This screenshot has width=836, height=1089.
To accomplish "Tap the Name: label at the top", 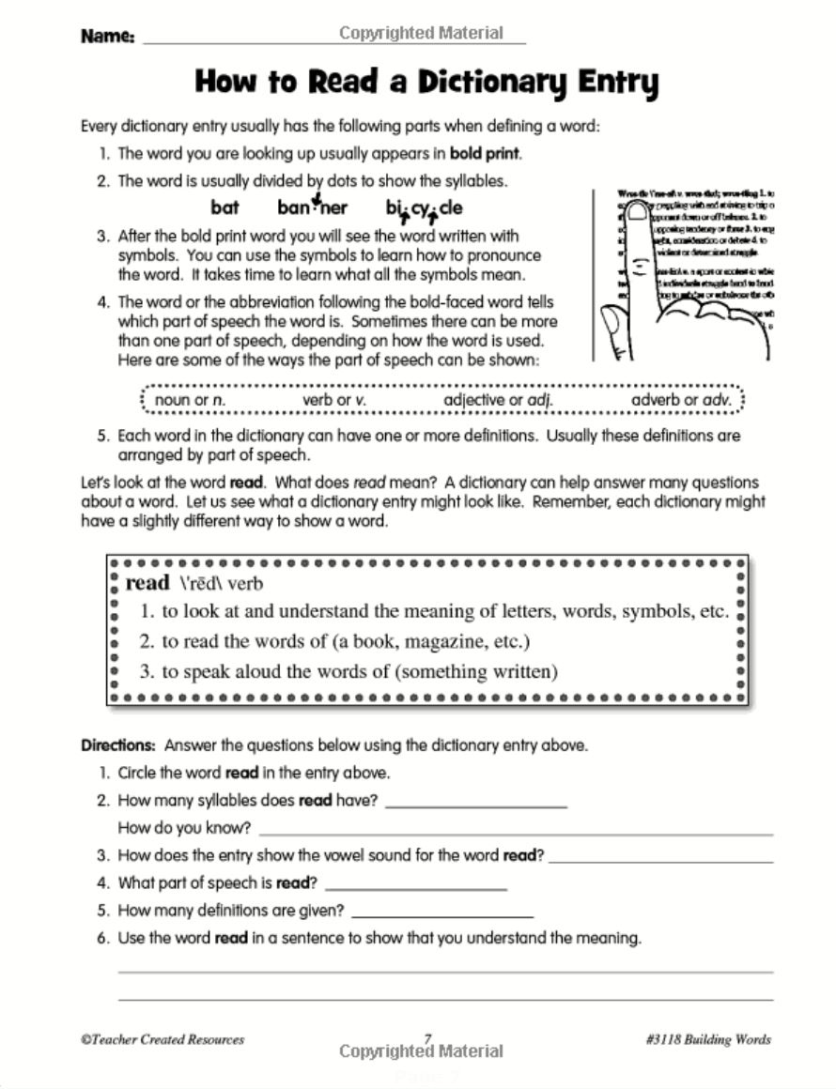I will (x=108, y=37).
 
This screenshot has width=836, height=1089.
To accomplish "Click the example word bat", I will (x=224, y=208).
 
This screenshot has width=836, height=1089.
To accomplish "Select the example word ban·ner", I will (x=312, y=208).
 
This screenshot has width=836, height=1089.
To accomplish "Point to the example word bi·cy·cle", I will (x=424, y=208).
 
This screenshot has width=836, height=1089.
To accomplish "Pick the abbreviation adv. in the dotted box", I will (x=715, y=400).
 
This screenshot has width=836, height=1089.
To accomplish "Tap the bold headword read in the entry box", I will (x=147, y=583).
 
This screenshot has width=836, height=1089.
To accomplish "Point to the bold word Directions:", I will (x=118, y=746).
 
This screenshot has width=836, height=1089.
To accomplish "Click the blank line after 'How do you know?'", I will (x=515, y=830).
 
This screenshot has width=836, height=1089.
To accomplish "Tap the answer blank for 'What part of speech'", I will (x=414, y=884).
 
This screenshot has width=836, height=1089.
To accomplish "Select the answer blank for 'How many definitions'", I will (x=441, y=912).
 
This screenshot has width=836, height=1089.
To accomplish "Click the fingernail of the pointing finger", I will (x=638, y=213).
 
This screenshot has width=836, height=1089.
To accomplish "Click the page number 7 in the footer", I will (x=427, y=1038).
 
